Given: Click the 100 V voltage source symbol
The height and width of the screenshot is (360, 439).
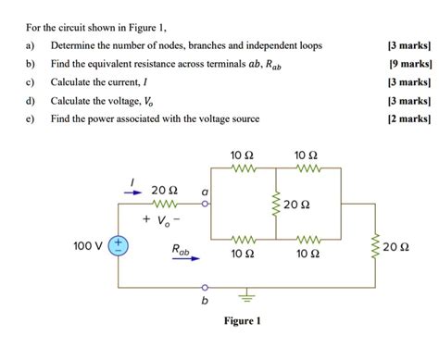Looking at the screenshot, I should (119, 246).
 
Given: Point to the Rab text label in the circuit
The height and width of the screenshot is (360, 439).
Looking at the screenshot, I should (181, 249).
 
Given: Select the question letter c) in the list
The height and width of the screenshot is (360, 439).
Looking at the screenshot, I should (31, 81).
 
